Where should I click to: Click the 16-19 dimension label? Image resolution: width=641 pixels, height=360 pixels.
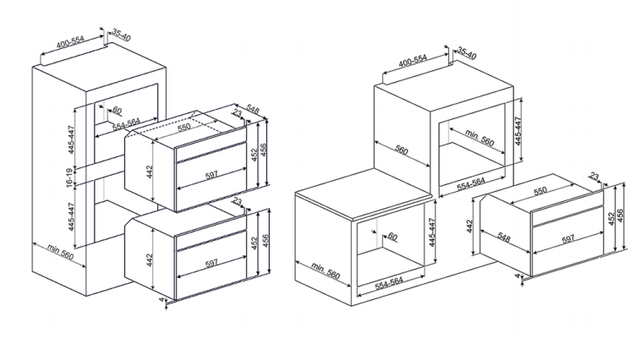[x=69, y=177]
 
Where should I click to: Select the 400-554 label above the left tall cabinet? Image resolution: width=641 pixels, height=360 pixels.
[x=71, y=41]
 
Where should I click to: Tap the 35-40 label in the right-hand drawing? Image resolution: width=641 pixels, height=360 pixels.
[x=467, y=52]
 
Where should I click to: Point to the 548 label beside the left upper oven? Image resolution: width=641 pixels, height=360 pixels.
[x=252, y=110]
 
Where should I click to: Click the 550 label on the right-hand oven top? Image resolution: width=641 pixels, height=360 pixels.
[x=540, y=191]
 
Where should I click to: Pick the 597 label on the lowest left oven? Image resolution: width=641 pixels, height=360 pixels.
[x=211, y=263]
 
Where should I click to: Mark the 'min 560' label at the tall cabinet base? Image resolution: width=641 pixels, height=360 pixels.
[x=61, y=252]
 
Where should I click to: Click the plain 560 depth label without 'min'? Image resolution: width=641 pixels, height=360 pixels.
[x=402, y=150]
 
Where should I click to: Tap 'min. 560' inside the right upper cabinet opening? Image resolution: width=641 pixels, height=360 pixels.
[x=479, y=138]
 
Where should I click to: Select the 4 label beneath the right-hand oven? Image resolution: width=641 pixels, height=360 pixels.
[x=518, y=276]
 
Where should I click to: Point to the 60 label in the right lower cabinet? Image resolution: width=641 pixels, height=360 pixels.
[x=392, y=236]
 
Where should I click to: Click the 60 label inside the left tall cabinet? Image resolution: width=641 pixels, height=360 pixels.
[x=117, y=110]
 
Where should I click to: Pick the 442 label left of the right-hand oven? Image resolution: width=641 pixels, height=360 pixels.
[x=469, y=226]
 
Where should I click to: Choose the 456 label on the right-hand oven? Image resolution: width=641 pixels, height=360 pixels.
[x=620, y=216]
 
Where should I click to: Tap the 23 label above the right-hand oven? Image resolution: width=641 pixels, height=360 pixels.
[x=594, y=177]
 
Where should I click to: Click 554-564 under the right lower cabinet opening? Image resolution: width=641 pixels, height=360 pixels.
[x=389, y=284]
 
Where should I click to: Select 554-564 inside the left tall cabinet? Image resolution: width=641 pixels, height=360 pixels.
[x=126, y=123]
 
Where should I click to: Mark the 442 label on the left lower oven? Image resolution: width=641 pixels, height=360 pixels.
[x=150, y=260]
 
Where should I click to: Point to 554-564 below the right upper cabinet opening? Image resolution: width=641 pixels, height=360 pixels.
[x=470, y=185]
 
